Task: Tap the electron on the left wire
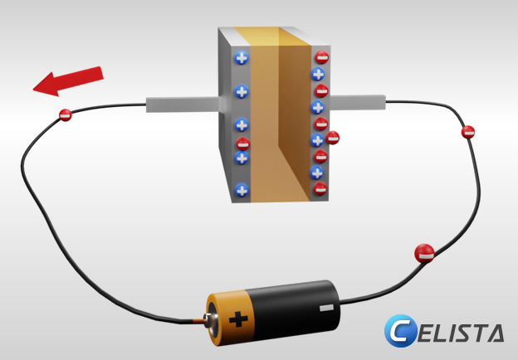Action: coord(66,116)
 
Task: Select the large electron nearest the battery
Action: coord(424,253)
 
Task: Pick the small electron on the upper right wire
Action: coord(468,132)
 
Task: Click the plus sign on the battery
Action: coord(239,318)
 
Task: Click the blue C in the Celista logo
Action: coord(400,332)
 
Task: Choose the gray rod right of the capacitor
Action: coord(357,103)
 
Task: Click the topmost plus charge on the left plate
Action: coord(242,59)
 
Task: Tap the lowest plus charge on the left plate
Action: coord(242,189)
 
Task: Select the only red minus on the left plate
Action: coord(242,143)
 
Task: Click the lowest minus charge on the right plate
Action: coord(320,190)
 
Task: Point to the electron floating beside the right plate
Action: coord(333,138)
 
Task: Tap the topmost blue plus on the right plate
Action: coord(317,75)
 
